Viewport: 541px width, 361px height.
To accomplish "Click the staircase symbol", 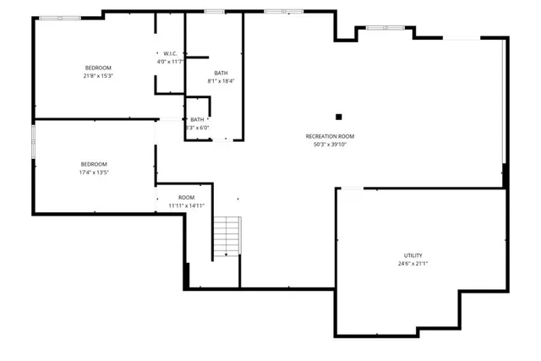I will [227, 238].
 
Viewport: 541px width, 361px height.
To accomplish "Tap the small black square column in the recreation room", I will [338, 117].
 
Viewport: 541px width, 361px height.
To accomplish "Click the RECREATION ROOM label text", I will [330, 136].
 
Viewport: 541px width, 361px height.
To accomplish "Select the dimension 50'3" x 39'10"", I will [330, 145].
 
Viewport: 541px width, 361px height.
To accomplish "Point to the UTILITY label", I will [413, 255].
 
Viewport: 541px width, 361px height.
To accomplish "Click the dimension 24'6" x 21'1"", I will [413, 264].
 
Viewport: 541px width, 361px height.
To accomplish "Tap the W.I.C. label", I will [170, 53].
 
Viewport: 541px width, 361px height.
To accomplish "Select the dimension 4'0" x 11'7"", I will [170, 62].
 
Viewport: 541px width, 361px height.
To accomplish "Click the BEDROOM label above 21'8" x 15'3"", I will [97, 68].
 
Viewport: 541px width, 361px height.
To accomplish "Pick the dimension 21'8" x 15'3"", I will [97, 76].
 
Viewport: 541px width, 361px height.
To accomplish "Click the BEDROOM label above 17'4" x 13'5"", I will [94, 164].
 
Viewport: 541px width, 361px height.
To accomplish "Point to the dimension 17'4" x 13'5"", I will [94, 172].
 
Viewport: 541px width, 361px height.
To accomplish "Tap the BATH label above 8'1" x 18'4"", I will [221, 73].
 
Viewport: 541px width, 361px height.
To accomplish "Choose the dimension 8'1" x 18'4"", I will [221, 81].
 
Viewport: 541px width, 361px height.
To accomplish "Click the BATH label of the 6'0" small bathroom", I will [197, 119].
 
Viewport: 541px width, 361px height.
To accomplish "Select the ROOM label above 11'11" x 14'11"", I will [186, 197].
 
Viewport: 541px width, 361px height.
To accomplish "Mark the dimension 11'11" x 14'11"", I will [186, 205].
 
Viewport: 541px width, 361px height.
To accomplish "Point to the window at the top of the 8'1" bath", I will [215, 11].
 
